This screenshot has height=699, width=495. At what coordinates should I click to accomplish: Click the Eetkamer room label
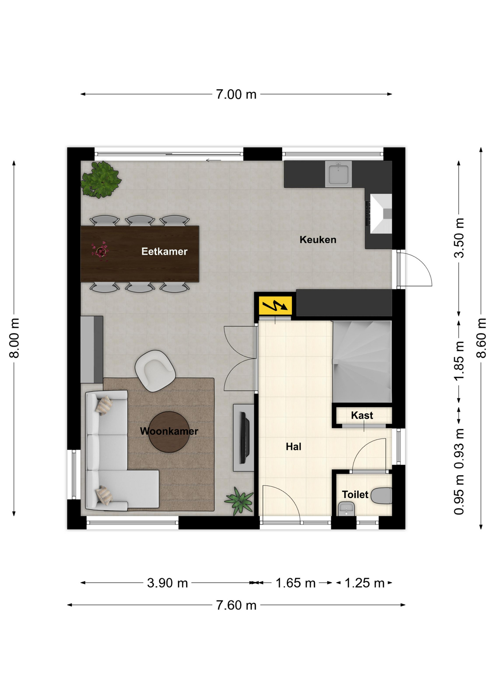[x=164, y=252]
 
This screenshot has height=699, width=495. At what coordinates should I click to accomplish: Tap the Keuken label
[x=318, y=240]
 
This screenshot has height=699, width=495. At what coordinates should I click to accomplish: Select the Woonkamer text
[x=169, y=431]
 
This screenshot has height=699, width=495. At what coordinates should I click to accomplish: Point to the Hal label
[x=293, y=447]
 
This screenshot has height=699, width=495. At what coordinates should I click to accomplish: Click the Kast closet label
[x=362, y=415]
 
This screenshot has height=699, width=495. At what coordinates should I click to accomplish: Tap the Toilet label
[x=355, y=494]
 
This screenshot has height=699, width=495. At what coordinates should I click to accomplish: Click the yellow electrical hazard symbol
[x=275, y=306]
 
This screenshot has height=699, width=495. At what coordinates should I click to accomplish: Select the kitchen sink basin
[x=339, y=174]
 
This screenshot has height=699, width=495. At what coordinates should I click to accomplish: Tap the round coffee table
[x=169, y=432]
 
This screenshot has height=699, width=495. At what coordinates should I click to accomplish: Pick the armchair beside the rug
[x=155, y=371]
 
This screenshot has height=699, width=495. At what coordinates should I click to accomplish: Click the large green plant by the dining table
[x=101, y=180]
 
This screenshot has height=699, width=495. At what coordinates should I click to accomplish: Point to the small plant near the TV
[x=239, y=501]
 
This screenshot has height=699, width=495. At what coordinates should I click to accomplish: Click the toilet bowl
[x=381, y=495]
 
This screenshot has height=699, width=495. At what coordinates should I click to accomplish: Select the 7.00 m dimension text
[x=236, y=95]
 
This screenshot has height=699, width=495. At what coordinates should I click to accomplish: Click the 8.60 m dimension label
[x=481, y=338]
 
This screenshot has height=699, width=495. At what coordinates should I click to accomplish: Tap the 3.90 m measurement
[x=167, y=583]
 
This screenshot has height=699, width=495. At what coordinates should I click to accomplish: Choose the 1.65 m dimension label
[x=295, y=583]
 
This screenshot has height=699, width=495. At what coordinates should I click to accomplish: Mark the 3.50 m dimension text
[x=459, y=238]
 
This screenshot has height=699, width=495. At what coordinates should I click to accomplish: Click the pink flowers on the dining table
[x=100, y=250]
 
